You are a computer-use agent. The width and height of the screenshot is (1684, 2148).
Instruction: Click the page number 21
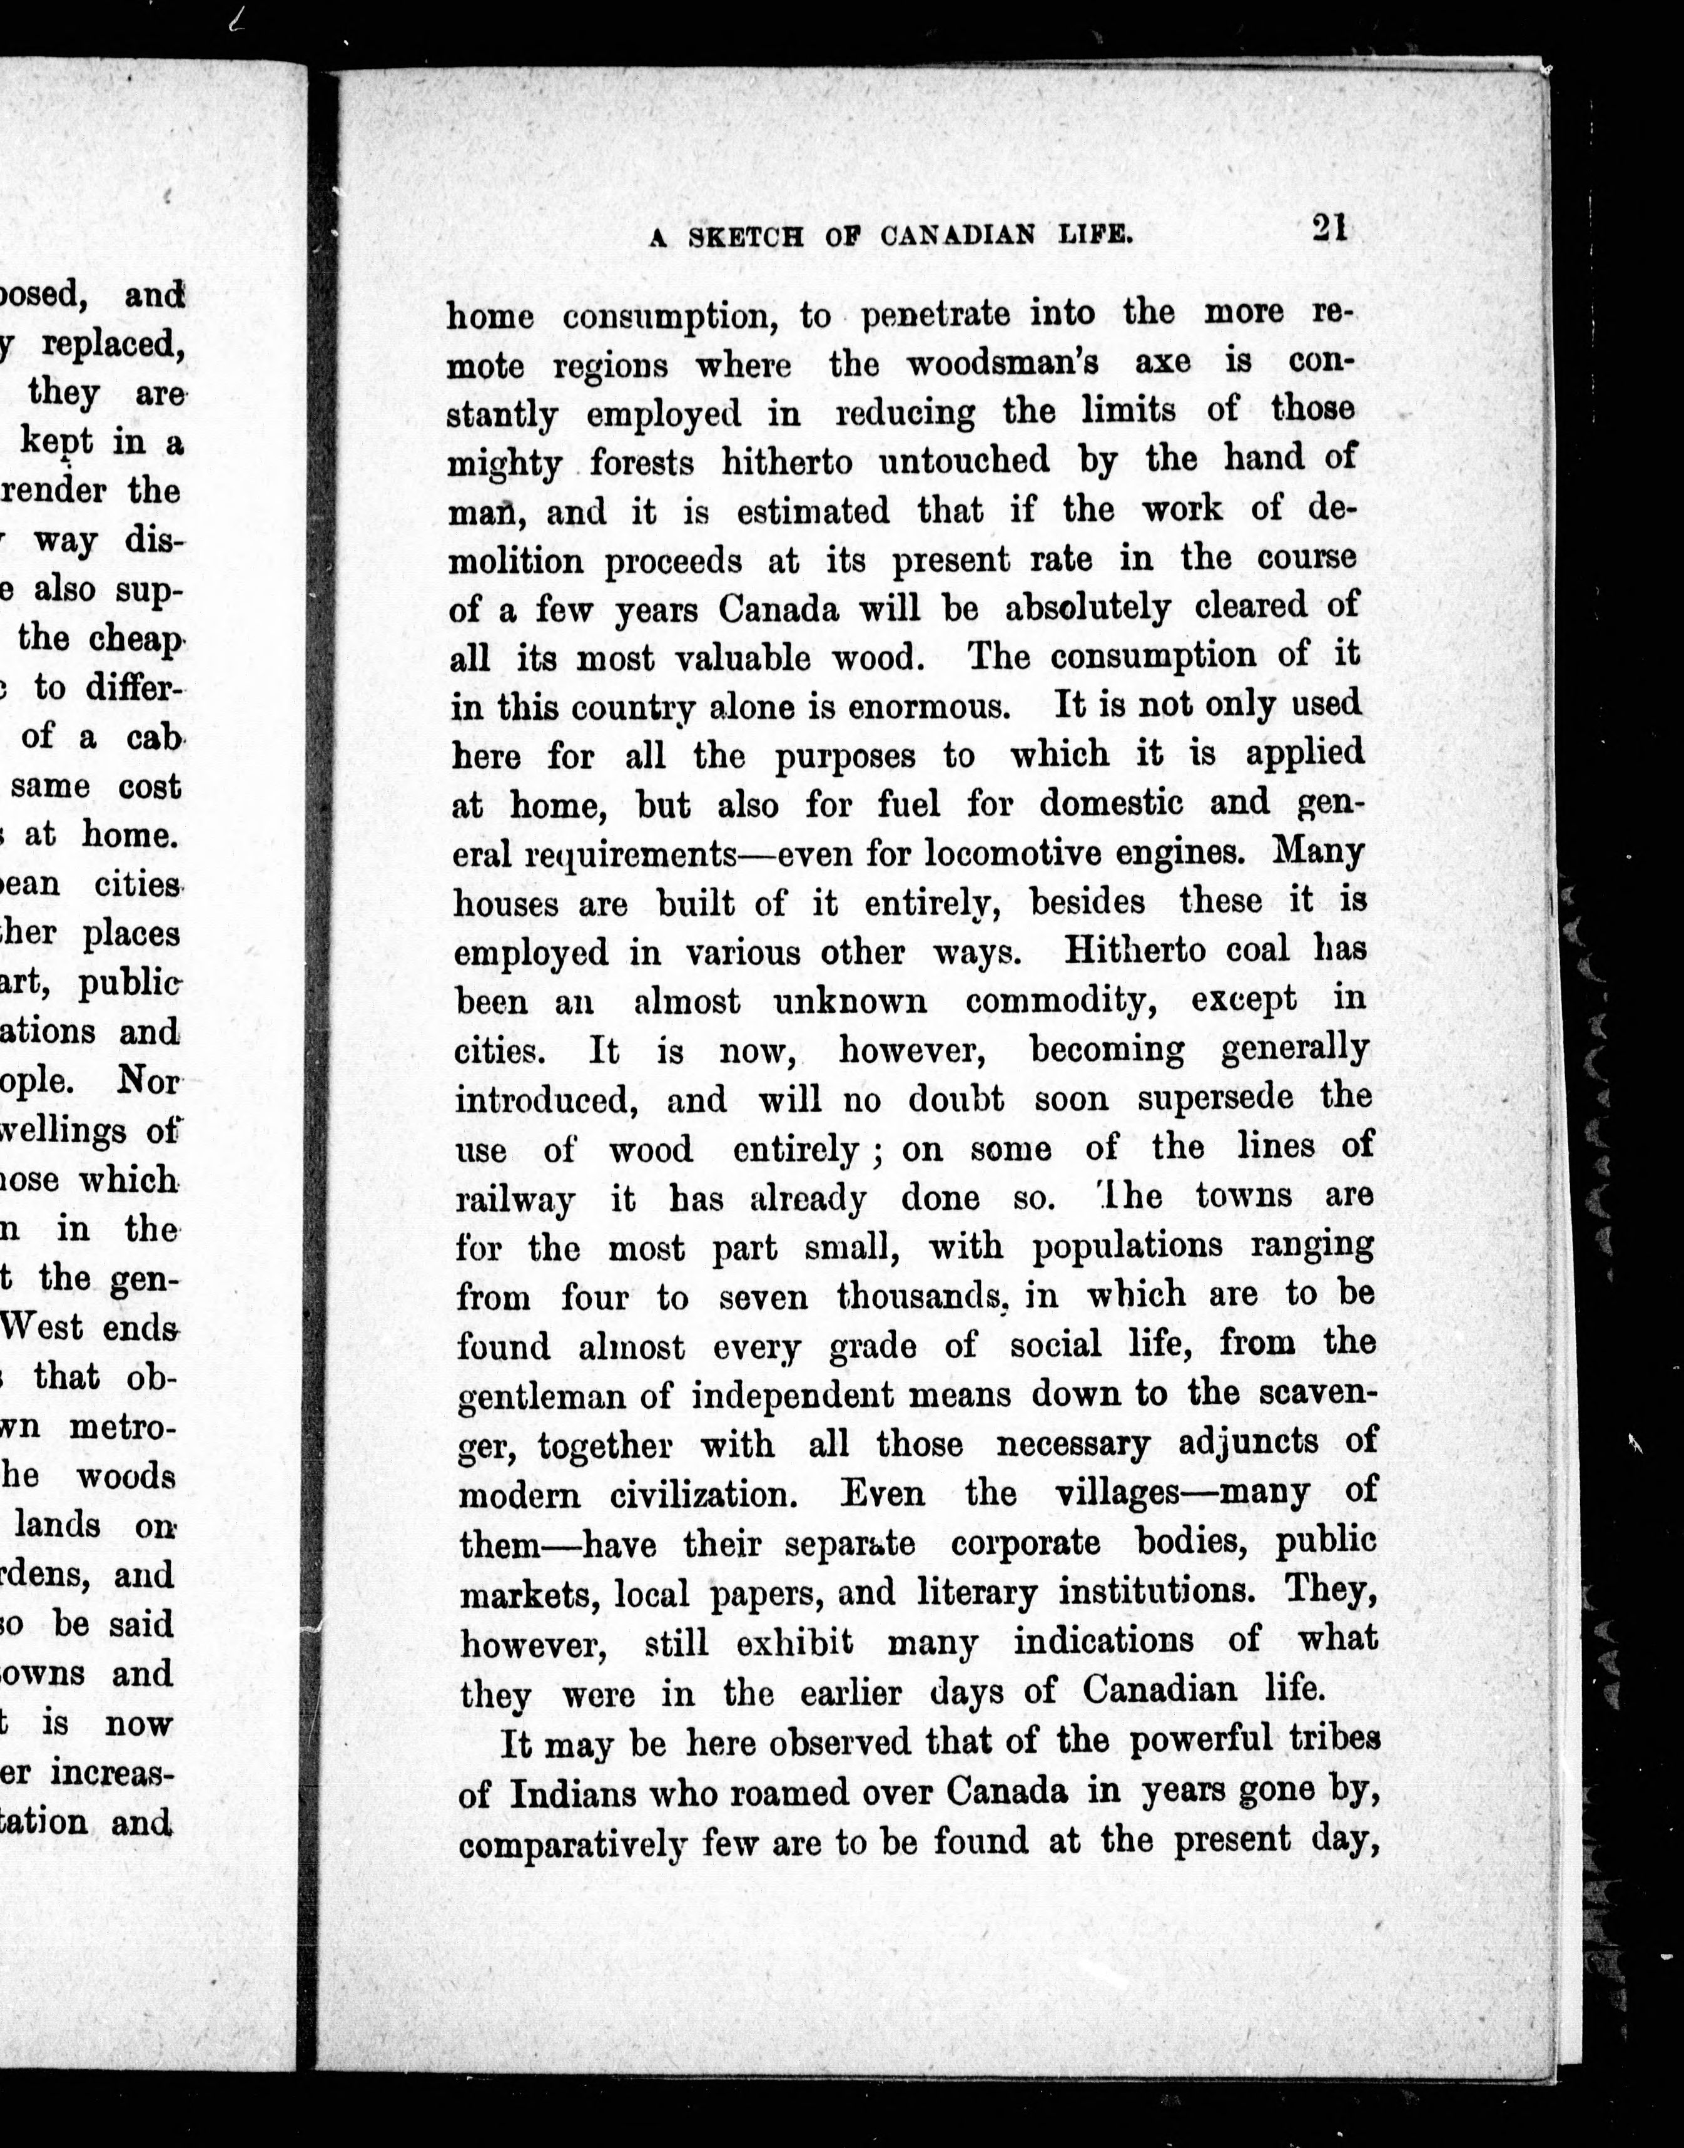pyautogui.click(x=1329, y=229)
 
